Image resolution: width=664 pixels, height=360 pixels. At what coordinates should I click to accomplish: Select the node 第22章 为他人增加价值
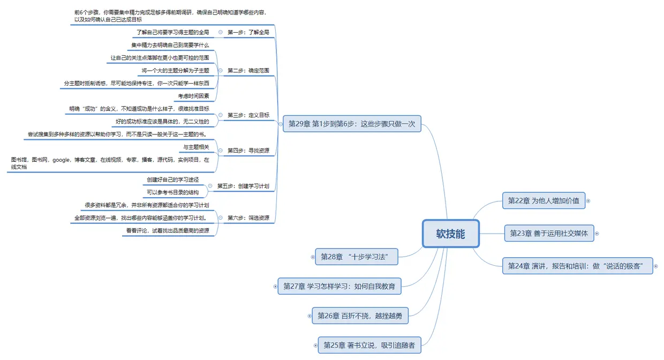click(x=544, y=201)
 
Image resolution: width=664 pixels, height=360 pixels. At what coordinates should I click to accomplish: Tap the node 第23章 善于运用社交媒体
click(x=548, y=233)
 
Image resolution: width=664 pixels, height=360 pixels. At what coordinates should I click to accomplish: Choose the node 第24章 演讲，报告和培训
click(x=577, y=266)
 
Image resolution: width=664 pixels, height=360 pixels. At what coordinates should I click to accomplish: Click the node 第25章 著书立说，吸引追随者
click(x=369, y=346)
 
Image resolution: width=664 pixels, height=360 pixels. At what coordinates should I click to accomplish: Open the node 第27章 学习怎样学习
click(x=339, y=287)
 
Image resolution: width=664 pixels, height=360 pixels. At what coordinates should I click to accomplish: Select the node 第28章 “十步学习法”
click(x=357, y=257)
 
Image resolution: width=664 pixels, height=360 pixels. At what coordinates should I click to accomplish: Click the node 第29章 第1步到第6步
click(x=352, y=124)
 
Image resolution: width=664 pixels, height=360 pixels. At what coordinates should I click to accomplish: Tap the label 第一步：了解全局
click(x=248, y=32)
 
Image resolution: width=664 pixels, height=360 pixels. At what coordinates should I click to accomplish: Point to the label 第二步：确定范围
click(x=248, y=70)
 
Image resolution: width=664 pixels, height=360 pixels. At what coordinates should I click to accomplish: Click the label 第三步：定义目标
click(x=248, y=115)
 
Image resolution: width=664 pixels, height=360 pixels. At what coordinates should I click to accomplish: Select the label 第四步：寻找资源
click(x=248, y=151)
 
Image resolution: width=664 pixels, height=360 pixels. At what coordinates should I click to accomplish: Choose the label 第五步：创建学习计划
click(x=243, y=186)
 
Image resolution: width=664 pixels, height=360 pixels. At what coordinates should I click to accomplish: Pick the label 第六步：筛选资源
click(x=248, y=218)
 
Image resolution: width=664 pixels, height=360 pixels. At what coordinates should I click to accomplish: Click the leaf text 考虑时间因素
click(x=193, y=96)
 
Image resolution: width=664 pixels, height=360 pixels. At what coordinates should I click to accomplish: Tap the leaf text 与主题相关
click(x=196, y=147)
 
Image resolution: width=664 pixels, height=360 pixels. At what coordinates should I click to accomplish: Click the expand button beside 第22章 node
click(x=588, y=201)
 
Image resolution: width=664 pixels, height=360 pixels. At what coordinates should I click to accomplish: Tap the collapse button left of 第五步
click(x=210, y=186)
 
